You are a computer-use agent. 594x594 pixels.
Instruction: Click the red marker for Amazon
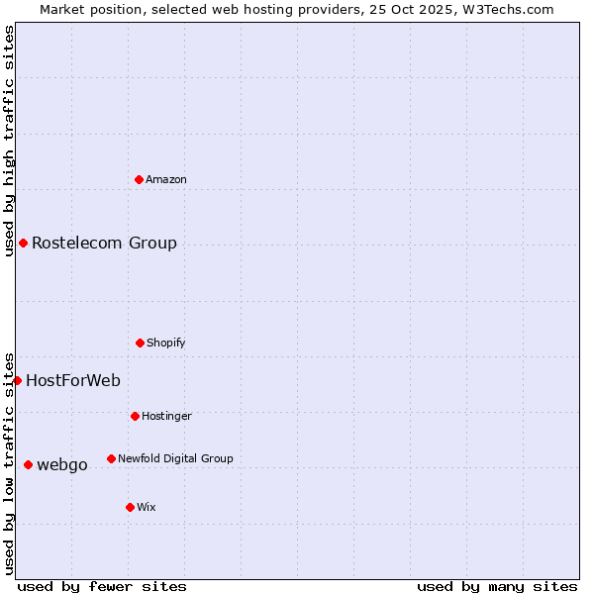pyautogui.click(x=140, y=179)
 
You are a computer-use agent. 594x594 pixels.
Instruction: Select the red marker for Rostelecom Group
pyautogui.click(x=23, y=243)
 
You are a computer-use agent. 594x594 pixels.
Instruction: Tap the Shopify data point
pyautogui.click(x=140, y=343)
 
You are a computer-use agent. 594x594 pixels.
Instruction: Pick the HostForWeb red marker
pyautogui.click(x=17, y=380)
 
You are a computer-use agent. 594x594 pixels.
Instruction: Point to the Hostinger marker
pyautogui.click(x=135, y=416)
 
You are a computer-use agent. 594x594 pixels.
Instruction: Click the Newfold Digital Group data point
pyautogui.click(x=111, y=458)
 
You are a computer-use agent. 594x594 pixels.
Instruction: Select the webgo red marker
pyautogui.click(x=28, y=464)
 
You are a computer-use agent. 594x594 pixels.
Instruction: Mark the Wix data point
pyautogui.click(x=130, y=507)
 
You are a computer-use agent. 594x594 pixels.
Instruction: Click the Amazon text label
pyautogui.click(x=166, y=180)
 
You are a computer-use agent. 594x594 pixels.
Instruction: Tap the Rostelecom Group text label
pyautogui.click(x=104, y=244)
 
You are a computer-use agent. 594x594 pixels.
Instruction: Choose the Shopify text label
pyautogui.click(x=166, y=344)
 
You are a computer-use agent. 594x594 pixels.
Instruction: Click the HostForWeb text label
pyautogui.click(x=73, y=381)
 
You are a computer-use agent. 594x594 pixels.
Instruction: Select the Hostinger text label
pyautogui.click(x=166, y=417)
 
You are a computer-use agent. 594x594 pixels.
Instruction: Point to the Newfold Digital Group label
pyautogui.click(x=175, y=459)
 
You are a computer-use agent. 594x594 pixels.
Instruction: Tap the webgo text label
pyautogui.click(x=62, y=465)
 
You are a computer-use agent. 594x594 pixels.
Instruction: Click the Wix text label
pyautogui.click(x=147, y=508)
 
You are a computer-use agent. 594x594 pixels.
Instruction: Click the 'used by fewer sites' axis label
pyautogui.click(x=102, y=586)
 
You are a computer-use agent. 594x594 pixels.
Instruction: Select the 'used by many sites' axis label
pyautogui.click(x=497, y=586)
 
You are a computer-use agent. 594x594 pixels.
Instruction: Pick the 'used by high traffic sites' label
pyautogui.click(x=9, y=119)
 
